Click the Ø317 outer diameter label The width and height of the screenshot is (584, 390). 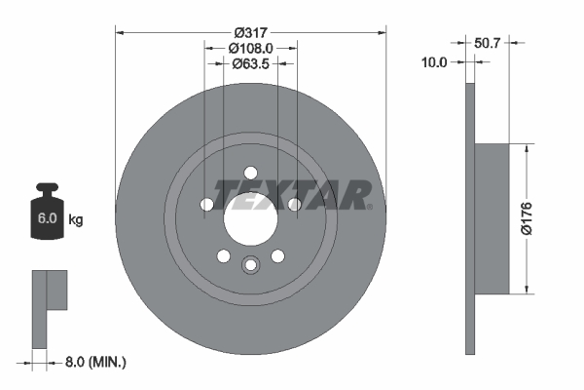click(251, 30)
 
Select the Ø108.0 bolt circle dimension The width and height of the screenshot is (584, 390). click(251, 47)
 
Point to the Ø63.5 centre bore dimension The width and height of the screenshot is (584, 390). click(251, 64)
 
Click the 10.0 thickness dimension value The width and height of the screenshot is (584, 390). click(435, 61)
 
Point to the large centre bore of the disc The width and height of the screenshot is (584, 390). click(251, 217)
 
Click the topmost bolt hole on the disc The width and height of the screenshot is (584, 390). click(251, 171)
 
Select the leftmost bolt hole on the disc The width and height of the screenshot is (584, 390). click(207, 205)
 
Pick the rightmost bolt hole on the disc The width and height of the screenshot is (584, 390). click(294, 204)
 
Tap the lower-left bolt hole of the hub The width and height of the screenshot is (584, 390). click(224, 255)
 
